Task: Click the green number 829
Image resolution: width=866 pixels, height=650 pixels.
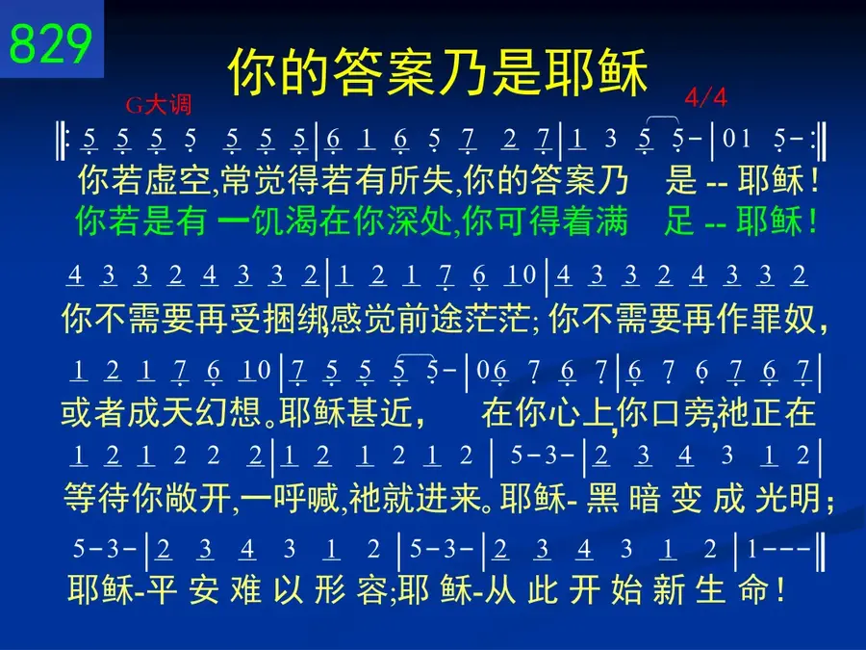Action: tap(51, 43)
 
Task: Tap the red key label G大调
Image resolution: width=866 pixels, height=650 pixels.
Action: tap(159, 104)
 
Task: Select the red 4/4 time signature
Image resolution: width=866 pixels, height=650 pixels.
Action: tap(705, 98)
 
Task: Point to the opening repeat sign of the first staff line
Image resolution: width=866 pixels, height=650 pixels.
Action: tap(62, 141)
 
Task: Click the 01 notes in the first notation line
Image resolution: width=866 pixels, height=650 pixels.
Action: tap(736, 138)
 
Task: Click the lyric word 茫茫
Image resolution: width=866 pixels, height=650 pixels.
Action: tap(497, 319)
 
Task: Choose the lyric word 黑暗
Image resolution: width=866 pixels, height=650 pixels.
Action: tap(623, 498)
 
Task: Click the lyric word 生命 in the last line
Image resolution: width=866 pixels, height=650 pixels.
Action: tap(731, 589)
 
